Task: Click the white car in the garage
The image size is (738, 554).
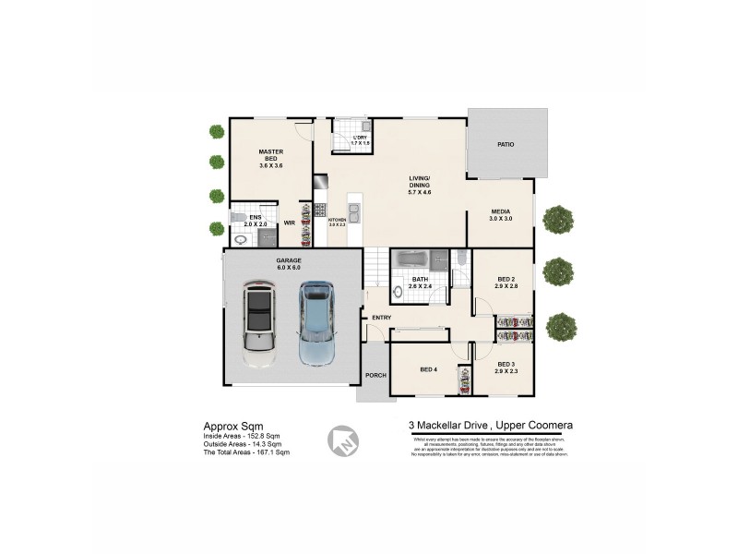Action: tap(259, 324)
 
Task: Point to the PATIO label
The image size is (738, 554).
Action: tap(505, 145)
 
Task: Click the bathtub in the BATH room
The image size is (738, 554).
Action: tap(419, 259)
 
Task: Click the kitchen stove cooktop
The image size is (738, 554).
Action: tap(320, 210)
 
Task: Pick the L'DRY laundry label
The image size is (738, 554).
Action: tap(360, 138)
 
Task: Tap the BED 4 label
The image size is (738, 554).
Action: tap(428, 370)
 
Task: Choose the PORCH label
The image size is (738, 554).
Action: tap(375, 375)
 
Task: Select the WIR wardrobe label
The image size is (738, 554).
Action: tap(289, 223)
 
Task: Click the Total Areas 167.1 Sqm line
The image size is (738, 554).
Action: tap(246, 452)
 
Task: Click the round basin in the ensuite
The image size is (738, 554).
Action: tap(241, 239)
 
